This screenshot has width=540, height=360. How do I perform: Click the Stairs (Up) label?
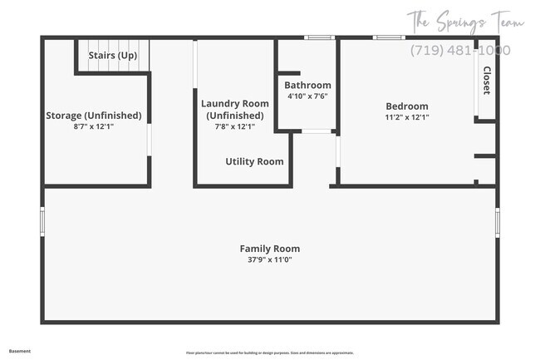coord(113,56)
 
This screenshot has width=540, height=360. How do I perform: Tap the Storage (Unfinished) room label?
coord(94,116)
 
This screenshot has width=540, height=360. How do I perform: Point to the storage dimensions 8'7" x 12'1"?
coord(94,127)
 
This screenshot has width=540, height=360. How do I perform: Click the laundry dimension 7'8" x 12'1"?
coord(235,127)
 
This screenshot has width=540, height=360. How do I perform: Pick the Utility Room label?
coord(254,161)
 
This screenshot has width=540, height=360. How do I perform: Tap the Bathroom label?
coord(307,85)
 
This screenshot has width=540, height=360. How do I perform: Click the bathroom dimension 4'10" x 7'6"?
coord(307,96)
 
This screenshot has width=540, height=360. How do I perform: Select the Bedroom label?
coord(407,106)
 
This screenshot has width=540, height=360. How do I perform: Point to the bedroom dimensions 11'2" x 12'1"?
coord(407,117)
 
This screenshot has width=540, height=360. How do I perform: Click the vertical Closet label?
coord(486,81)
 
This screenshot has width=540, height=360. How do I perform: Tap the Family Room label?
coord(270,249)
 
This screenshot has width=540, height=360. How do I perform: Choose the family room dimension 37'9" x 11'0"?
coord(270,260)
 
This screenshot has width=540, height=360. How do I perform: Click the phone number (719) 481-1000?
coord(460,50)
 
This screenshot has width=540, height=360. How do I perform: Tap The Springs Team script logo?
coord(465,21)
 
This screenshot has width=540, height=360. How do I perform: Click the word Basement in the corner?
coord(20,351)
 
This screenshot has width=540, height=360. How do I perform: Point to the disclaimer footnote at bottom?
coord(269,353)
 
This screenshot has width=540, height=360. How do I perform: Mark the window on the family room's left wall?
coord(42,221)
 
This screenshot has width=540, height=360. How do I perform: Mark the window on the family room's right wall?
coord(498,221)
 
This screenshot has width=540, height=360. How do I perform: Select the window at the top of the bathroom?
coord(318,37)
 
